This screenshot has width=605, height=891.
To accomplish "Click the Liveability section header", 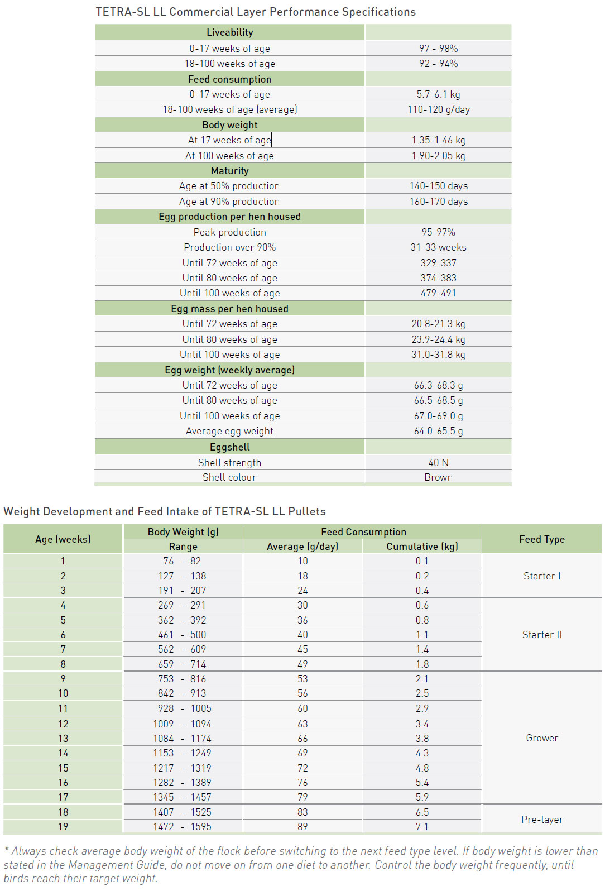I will click(x=229, y=32).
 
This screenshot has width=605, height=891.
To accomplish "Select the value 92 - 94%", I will click(x=438, y=64).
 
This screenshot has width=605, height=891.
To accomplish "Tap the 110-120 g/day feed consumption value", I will click(x=438, y=109).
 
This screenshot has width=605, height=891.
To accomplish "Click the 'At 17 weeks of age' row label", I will click(x=229, y=140).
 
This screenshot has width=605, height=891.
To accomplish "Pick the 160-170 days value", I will click(x=438, y=202).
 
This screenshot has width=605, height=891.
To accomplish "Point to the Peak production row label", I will click(x=229, y=232).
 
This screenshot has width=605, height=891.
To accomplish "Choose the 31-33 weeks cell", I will click(x=438, y=247).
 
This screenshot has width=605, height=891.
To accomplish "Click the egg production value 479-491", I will click(x=438, y=293).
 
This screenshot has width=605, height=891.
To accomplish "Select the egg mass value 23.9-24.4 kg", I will click(x=438, y=339).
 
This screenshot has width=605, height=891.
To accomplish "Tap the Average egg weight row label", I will click(x=229, y=431).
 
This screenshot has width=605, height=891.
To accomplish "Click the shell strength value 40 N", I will click(x=438, y=463).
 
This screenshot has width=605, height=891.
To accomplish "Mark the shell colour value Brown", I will click(x=438, y=477).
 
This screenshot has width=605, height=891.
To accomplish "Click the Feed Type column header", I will click(x=541, y=539).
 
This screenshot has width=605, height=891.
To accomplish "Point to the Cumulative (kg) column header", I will click(x=422, y=547).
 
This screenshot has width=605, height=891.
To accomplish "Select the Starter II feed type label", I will click(x=541, y=635).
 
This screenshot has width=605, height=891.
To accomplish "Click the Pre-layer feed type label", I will click(x=541, y=820).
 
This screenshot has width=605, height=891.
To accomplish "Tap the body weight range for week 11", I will click(x=183, y=708).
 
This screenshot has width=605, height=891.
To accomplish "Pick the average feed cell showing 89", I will click(x=302, y=827).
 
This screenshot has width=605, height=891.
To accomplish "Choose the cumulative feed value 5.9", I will click(x=422, y=797).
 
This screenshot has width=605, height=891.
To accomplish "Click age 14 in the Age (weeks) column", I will click(x=63, y=753).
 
